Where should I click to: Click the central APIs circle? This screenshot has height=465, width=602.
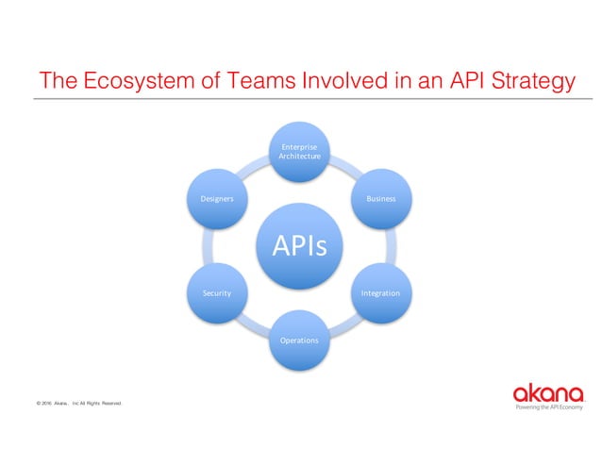click(x=300, y=246)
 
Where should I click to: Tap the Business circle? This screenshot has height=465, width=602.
click(x=381, y=199)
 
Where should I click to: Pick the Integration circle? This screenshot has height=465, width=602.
click(x=381, y=293)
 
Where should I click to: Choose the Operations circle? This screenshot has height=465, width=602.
click(x=300, y=340)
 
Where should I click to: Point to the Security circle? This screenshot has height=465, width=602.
click(x=217, y=293)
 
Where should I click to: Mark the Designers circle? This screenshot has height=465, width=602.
click(x=217, y=199)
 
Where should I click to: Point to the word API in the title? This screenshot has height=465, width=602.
click(x=455, y=81)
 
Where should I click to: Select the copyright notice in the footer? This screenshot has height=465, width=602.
click(x=79, y=403)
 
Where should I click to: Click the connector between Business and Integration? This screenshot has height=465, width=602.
click(x=393, y=246)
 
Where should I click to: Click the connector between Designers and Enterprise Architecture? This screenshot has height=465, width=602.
click(x=257, y=169)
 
